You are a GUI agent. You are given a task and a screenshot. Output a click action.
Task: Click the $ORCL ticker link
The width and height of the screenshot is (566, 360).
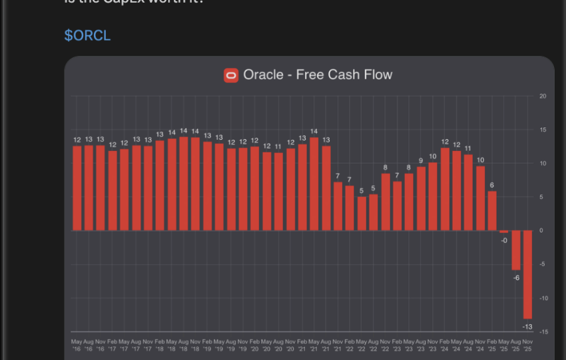tap(87, 35)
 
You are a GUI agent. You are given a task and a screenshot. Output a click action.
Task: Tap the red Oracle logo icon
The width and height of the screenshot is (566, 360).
tap(231, 75)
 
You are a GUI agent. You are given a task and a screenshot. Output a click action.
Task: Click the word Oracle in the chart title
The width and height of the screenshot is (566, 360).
tap(263, 75)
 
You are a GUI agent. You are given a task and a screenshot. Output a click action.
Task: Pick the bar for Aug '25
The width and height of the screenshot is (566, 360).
tap(515, 250)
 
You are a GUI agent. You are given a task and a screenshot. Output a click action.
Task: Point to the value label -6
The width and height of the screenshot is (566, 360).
tap(516, 277)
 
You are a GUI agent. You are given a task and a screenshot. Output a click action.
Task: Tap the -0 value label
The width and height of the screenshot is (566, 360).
tap(504, 240)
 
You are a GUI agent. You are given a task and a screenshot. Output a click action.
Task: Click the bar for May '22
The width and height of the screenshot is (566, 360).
tap(362, 214)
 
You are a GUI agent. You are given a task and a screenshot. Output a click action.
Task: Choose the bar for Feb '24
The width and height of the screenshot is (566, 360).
tap(445, 189)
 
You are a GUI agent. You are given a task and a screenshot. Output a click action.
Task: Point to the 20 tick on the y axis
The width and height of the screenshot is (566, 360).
tap(543, 96)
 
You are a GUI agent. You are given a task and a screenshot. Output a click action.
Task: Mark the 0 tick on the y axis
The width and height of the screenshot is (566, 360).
tap(541, 231)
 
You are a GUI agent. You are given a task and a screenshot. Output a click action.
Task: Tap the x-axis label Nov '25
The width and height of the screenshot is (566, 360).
tap(527, 345)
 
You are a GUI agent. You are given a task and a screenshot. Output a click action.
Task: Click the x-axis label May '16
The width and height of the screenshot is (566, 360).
tap(77, 345)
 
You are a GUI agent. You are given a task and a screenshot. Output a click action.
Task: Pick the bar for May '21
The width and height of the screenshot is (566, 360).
tap(314, 184)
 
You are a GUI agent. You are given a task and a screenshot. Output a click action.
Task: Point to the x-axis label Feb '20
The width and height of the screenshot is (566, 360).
tap(255, 345)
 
